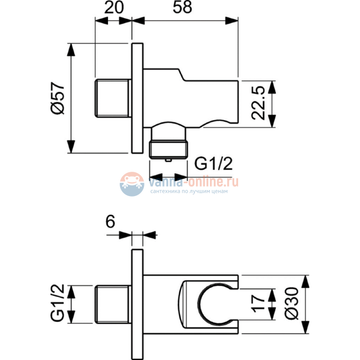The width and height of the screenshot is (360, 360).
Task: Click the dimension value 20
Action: [114, 7]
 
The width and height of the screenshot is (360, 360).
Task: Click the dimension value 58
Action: [182, 7]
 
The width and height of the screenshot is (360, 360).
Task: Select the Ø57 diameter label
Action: [58, 98]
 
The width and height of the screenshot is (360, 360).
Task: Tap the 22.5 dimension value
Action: [258, 103]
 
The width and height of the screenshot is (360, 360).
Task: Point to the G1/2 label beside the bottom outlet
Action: [213, 163]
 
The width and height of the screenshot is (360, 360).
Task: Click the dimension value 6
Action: [110, 222]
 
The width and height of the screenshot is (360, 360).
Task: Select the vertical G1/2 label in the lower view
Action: [58, 303]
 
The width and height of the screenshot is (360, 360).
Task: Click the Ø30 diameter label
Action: [291, 303]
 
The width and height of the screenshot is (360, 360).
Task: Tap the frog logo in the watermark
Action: [132, 184]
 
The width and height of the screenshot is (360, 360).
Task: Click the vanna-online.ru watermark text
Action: [193, 182]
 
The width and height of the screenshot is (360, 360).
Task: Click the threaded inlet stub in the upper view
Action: [113, 98]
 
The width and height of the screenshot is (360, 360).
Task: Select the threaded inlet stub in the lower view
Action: [113, 305]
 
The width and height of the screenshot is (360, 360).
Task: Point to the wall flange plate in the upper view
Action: [137, 98]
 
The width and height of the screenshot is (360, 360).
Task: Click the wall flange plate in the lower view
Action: [137, 305]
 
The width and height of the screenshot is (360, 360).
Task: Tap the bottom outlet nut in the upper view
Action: [168, 150]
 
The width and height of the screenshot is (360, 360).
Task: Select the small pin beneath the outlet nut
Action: [168, 160]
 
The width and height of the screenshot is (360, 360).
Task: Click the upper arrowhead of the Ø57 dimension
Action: [71, 49]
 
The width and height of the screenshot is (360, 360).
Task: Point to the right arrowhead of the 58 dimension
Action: [232, 20]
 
